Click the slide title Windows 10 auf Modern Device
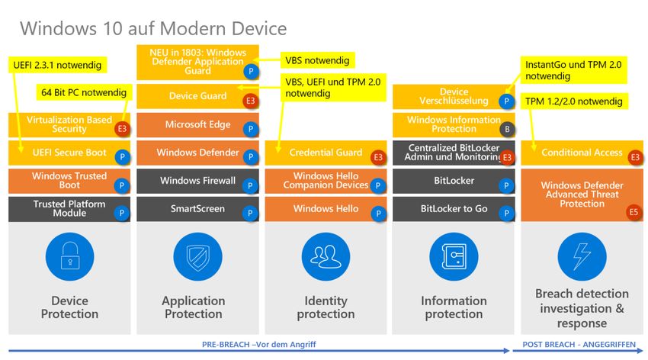pos(153,29)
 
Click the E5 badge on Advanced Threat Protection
pos(634,214)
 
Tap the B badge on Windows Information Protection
pos(507,129)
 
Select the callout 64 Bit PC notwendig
pos(84,93)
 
